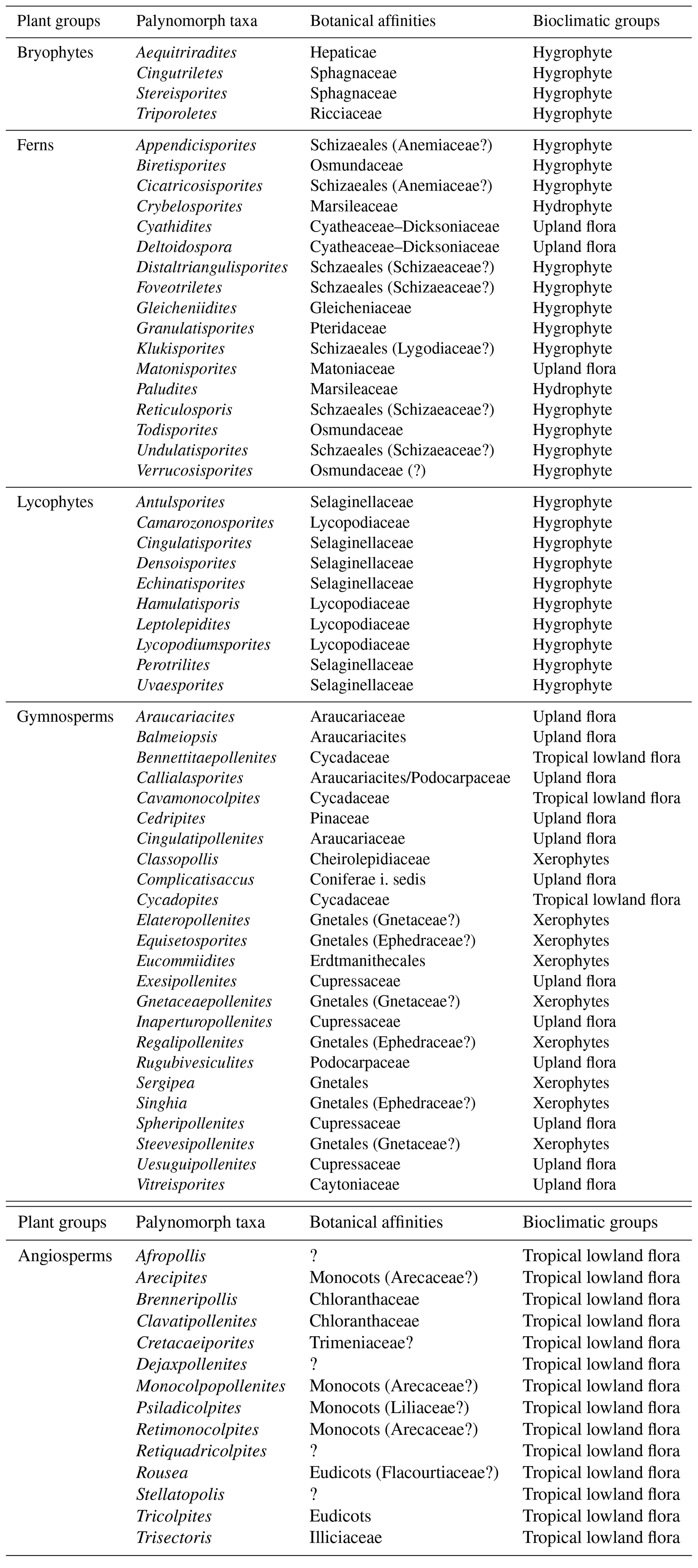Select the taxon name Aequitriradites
click(x=186, y=53)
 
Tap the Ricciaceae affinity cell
click(x=346, y=114)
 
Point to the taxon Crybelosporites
click(x=189, y=206)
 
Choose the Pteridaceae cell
click(x=348, y=328)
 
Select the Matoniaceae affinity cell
click(x=352, y=369)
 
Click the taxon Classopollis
click(x=177, y=860)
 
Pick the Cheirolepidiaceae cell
click(x=370, y=860)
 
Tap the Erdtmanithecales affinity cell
click(x=367, y=961)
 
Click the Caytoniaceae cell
click(x=355, y=1184)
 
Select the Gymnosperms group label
click(x=65, y=717)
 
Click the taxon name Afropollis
click(x=171, y=1256)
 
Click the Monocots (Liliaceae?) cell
click(x=389, y=1408)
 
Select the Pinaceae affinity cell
click(x=340, y=819)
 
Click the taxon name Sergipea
click(x=165, y=1083)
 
